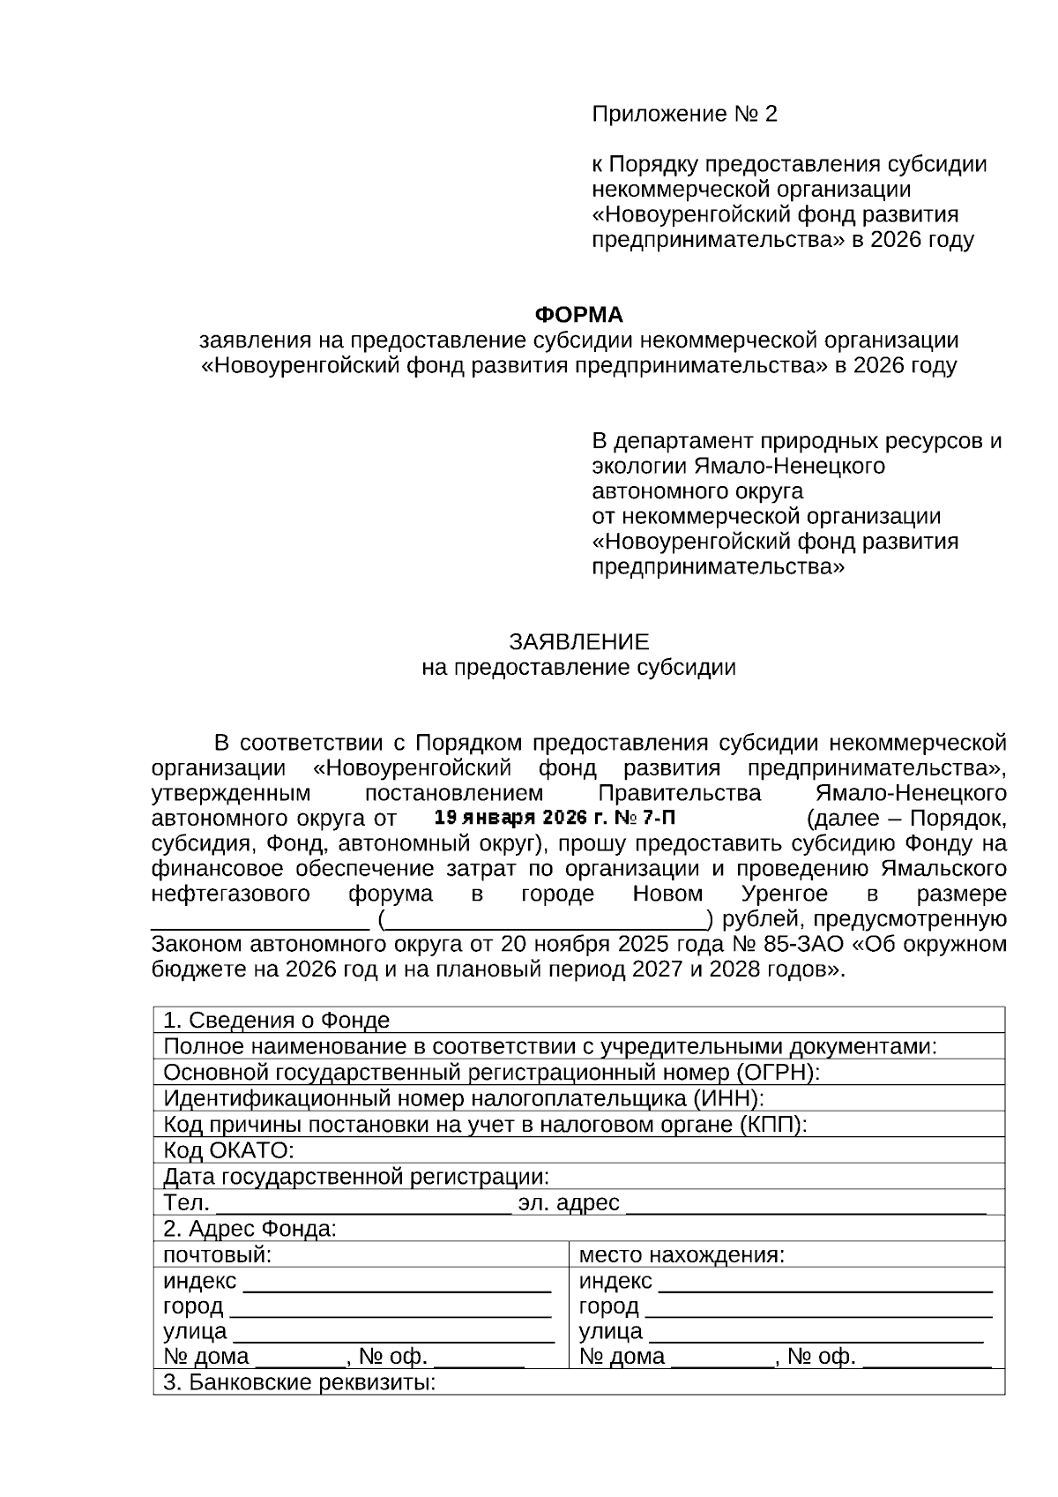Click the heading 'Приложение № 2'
pos(684,114)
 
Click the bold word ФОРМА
pos(579,315)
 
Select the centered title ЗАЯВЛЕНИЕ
pos(578,641)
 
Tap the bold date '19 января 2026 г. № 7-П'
pos(556,817)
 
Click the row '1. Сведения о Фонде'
pos(277,1021)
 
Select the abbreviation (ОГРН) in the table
pos(775,1073)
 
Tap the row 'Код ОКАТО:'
pos(228,1151)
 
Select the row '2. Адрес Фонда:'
pos(250,1229)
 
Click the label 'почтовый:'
pos(217,1255)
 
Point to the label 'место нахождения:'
pos(682,1255)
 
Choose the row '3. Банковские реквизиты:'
pos(300,1382)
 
